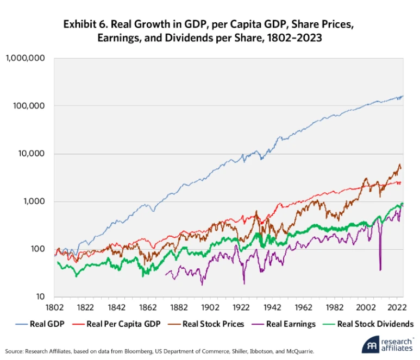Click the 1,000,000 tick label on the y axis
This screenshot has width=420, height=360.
26,58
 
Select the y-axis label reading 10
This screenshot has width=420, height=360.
40,297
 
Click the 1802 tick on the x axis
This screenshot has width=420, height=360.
54,307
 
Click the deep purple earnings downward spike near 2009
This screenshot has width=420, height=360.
380,261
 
